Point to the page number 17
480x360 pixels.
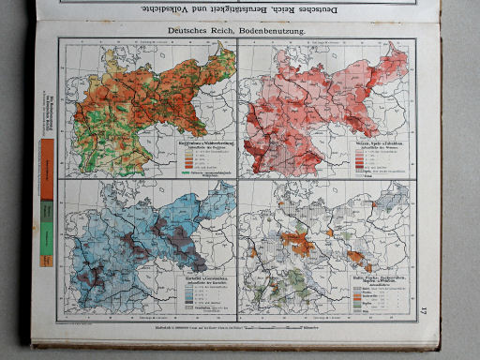click(x=423, y=311)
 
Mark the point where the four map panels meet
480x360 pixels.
click(x=238, y=179)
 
